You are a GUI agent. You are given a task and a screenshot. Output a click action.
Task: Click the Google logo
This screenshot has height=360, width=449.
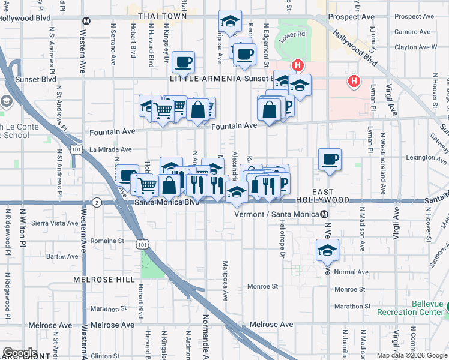click(20, 353)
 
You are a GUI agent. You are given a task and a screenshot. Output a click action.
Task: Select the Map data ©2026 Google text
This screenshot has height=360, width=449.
click(412, 355)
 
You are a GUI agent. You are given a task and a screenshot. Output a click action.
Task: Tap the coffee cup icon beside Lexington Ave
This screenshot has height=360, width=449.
click(330, 160)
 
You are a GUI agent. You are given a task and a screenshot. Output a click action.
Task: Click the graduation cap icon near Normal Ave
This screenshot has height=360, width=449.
click(327, 250)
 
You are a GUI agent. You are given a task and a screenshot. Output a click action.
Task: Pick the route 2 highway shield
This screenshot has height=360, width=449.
click(97, 203)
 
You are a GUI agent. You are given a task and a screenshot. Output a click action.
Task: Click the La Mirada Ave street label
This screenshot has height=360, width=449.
click(110, 149)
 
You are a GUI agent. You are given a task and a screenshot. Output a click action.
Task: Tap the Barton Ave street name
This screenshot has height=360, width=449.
click(62, 256)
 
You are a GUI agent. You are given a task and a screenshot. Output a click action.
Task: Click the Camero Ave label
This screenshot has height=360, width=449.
click(414, 32)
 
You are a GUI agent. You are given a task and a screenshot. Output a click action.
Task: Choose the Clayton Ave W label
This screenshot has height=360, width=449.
click(415, 47)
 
